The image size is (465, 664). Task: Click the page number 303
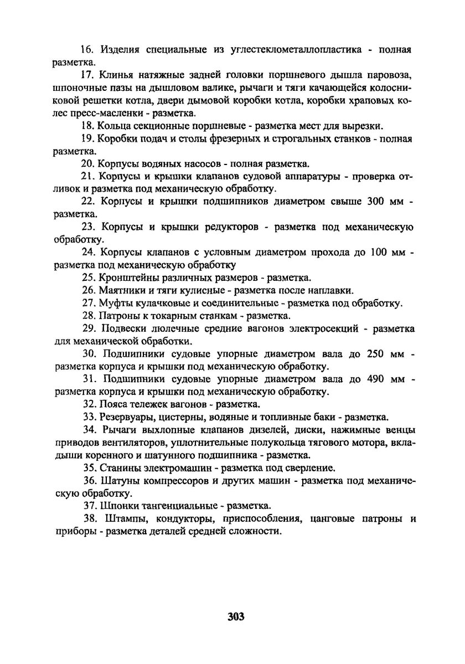(235, 616)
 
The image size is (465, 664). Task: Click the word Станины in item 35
(119, 467)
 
